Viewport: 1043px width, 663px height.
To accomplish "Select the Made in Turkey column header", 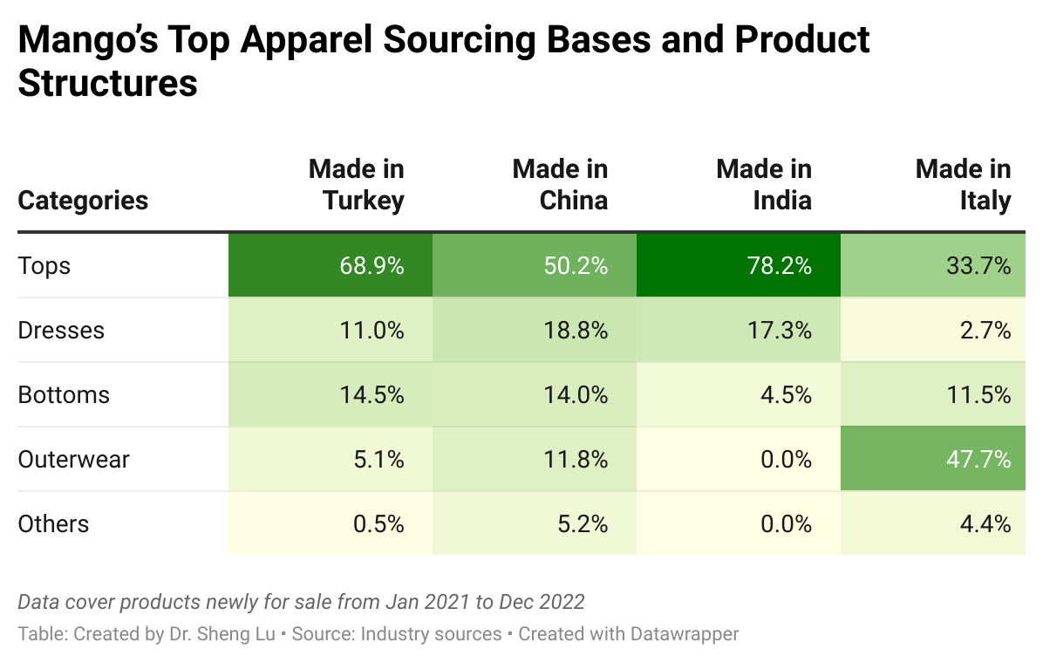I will click(357, 185).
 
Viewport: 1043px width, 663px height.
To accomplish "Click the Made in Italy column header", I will click(963, 185).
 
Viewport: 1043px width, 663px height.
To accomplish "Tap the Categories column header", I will click(84, 201).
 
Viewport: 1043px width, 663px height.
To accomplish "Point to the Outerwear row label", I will click(74, 460).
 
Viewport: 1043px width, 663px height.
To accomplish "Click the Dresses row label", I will click(61, 331).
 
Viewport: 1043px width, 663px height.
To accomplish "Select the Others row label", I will click(54, 524).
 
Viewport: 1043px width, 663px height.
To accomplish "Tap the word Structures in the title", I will click(107, 85).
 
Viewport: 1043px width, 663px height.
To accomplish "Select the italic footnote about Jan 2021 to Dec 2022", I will click(301, 602).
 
